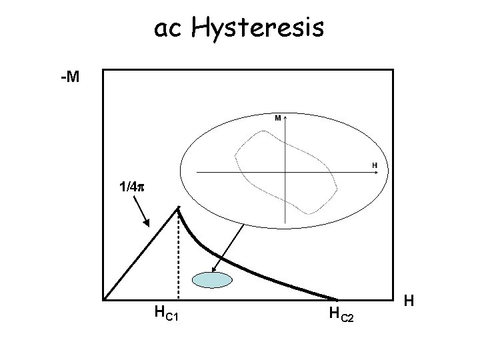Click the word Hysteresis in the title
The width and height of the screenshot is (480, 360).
point(258,28)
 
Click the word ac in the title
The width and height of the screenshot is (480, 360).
point(169,28)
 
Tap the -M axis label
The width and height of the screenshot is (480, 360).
point(69,79)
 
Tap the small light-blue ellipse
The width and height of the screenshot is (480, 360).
point(211,281)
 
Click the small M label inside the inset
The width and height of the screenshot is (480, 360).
point(277,118)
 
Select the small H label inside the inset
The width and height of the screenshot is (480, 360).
point(374,165)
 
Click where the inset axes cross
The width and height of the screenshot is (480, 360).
point(285,172)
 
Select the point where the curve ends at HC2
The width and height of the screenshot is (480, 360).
point(337,299)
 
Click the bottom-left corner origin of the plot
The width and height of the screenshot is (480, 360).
point(104,299)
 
